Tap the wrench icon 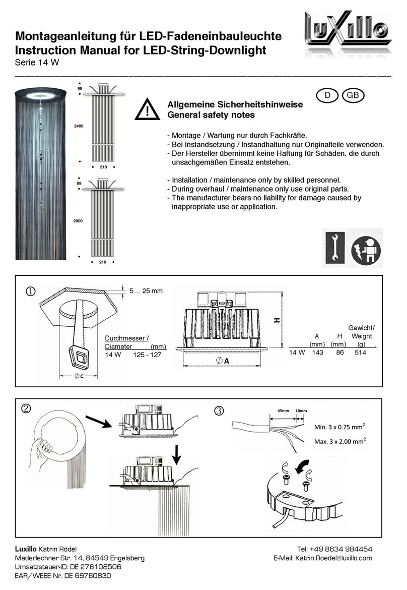[x=333, y=248]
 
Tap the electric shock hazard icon [x=366, y=248]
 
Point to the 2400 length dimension [x=79, y=125]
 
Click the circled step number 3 [x=218, y=411]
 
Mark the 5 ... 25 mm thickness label [x=146, y=291]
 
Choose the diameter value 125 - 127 [x=147, y=355]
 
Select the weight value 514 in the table [x=360, y=353]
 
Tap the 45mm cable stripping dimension [x=283, y=411]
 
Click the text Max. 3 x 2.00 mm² [x=340, y=442]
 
